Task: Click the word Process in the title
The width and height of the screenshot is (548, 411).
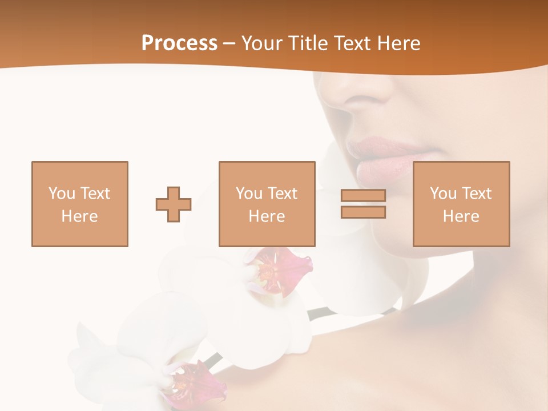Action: pos(179,43)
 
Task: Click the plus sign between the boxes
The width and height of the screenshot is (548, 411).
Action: pos(174,204)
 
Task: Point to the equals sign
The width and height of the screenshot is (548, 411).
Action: pos(363,204)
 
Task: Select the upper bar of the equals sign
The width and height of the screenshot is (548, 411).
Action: pos(363,196)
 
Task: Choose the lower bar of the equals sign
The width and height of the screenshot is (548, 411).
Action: pos(363,212)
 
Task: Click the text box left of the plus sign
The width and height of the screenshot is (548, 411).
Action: pos(80,204)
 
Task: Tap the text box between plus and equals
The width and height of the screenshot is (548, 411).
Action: pos(267,204)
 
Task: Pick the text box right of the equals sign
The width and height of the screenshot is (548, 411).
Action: pos(461,204)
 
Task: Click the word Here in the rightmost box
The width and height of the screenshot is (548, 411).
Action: pos(461,216)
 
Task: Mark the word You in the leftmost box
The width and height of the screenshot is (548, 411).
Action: pos(62,194)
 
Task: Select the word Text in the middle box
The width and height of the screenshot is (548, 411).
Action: pos(282,194)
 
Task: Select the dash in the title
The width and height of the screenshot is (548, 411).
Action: pos(229,43)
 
